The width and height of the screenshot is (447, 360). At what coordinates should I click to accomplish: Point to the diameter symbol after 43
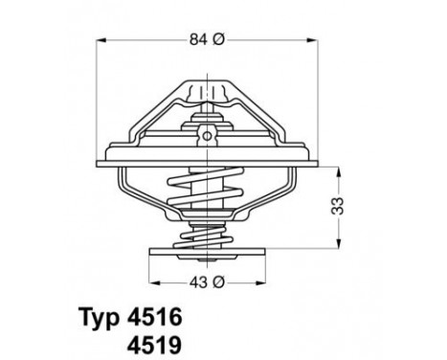[x=220, y=282]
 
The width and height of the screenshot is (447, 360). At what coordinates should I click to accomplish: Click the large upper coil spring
[x=208, y=191]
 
